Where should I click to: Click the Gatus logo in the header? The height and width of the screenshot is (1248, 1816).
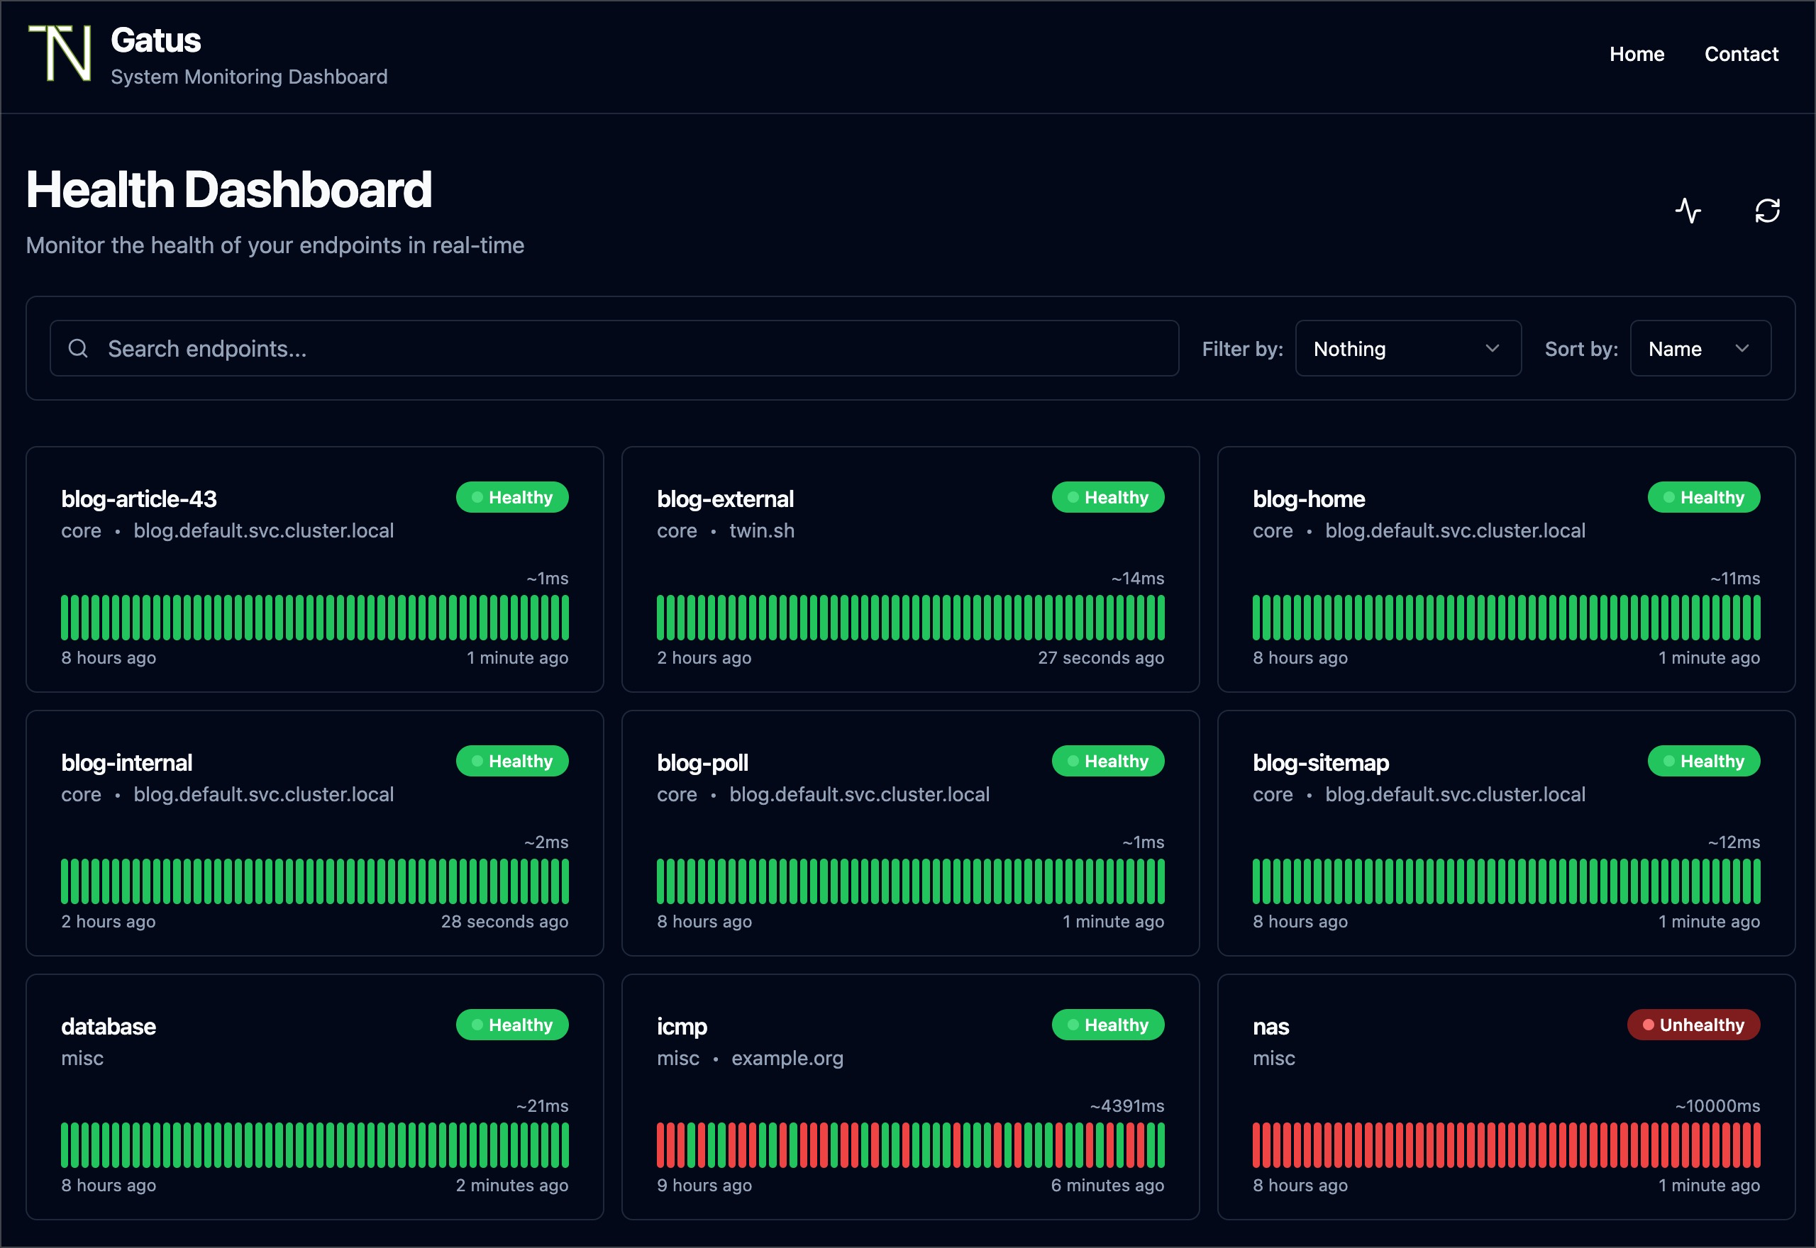[x=60, y=53]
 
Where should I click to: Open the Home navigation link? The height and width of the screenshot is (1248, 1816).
[x=1636, y=54]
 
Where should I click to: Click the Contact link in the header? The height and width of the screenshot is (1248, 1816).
[x=1741, y=54]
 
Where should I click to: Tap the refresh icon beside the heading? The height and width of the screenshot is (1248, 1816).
[x=1767, y=211]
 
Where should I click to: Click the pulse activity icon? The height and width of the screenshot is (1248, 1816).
[x=1688, y=211]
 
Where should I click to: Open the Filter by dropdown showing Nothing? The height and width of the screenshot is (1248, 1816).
[x=1407, y=348]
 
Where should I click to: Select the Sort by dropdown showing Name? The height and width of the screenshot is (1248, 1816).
[x=1700, y=348]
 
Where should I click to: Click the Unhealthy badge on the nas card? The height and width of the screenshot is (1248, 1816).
[x=1693, y=1025]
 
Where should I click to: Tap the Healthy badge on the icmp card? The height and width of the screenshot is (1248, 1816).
[x=1107, y=1025]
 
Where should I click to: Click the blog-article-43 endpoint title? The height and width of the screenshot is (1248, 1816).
[x=139, y=499]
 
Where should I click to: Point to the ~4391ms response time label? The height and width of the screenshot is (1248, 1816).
[x=1127, y=1105]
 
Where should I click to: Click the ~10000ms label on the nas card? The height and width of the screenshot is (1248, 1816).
[x=1717, y=1105]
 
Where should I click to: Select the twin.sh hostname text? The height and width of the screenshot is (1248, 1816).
[x=761, y=531]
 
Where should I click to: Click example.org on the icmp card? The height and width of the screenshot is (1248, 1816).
[x=787, y=1058]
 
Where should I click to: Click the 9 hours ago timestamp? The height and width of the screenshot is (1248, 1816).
[x=704, y=1186]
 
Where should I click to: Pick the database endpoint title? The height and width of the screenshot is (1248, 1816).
[x=109, y=1026]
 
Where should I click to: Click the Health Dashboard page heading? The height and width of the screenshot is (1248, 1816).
[x=228, y=189]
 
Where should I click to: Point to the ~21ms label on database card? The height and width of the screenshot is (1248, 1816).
[x=542, y=1105]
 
